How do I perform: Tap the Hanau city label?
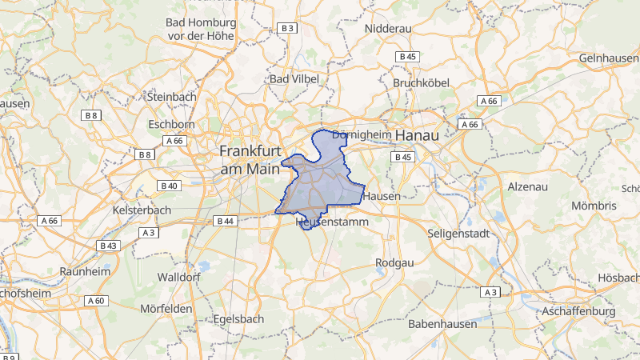tap(417, 136)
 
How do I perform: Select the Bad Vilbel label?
tap(294, 79)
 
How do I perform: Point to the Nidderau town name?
tap(387, 28)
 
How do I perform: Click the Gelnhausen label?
tap(610, 58)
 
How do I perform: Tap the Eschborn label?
tap(171, 124)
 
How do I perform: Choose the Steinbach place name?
tap(171, 96)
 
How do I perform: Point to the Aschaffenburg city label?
tap(577, 310)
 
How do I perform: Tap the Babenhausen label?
tap(442, 324)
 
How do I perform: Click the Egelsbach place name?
tap(239, 318)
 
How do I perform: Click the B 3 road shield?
tap(287, 28)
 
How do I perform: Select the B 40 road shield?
tap(170, 186)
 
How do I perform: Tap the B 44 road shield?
tap(224, 221)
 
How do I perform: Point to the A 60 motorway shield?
tap(95, 301)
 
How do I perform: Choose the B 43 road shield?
tap(108, 246)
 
